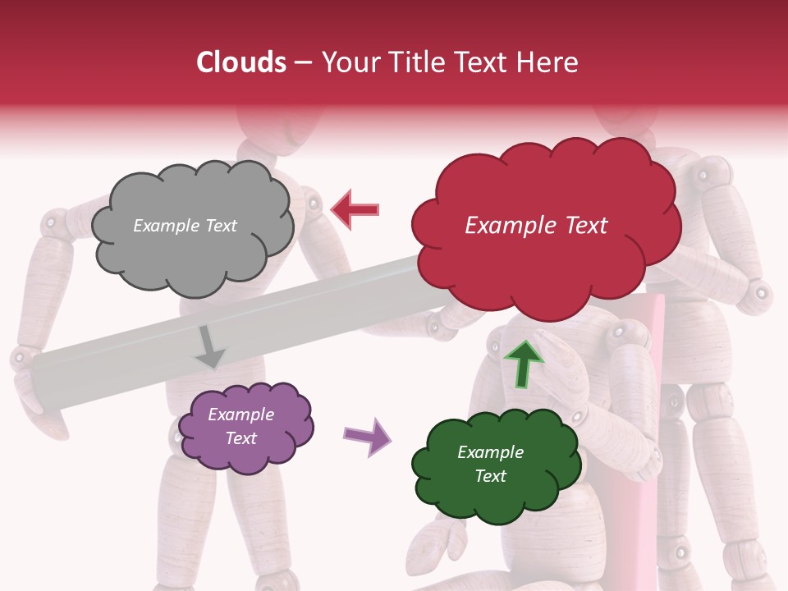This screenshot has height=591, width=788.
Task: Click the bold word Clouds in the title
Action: click(241, 62)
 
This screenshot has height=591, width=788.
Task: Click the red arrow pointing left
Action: click(355, 209)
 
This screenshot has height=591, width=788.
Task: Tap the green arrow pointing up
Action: click(524, 363)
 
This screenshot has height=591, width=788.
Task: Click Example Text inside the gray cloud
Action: click(185, 226)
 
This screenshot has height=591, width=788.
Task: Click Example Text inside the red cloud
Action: click(536, 226)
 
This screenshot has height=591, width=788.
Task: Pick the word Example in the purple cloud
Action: click(241, 415)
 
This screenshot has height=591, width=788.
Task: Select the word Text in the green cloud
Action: click(490, 476)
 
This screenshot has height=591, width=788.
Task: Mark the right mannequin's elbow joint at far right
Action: click(759, 291)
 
